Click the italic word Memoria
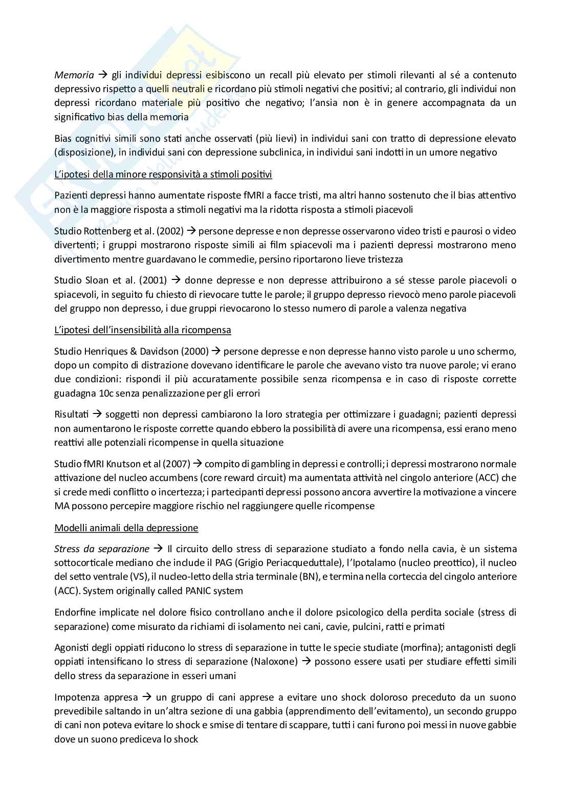click(x=72, y=75)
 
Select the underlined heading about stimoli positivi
click(x=163, y=174)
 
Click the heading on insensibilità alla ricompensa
click(x=142, y=330)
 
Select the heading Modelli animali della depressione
click(x=126, y=528)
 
